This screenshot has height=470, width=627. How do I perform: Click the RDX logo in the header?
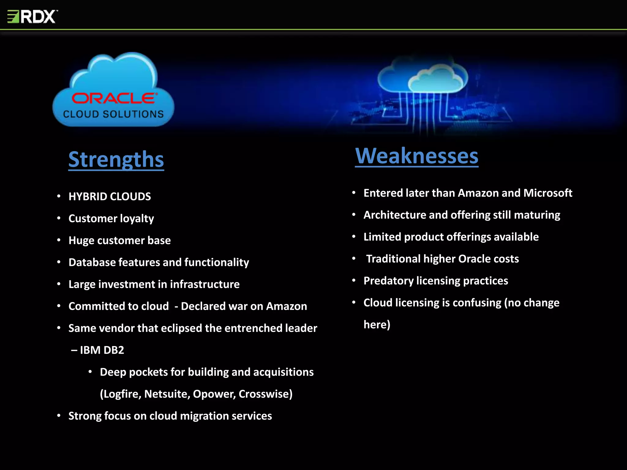coord(32,17)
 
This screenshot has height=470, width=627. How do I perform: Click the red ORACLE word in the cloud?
coord(115,99)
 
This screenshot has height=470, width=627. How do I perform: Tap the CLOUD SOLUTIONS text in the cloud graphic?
coord(113,114)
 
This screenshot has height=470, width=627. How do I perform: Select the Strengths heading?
coord(116,159)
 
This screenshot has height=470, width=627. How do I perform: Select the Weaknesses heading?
coord(416,156)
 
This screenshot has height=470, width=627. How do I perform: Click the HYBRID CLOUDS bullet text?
coord(110,196)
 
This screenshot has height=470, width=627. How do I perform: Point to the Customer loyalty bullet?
coord(111,218)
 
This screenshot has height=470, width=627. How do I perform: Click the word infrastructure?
coord(205,284)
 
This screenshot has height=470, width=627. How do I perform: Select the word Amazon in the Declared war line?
coord(286,306)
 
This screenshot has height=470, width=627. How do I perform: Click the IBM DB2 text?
coord(102,350)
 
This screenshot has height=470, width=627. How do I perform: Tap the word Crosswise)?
coord(265,394)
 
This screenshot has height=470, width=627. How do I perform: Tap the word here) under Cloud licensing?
coord(377,325)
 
